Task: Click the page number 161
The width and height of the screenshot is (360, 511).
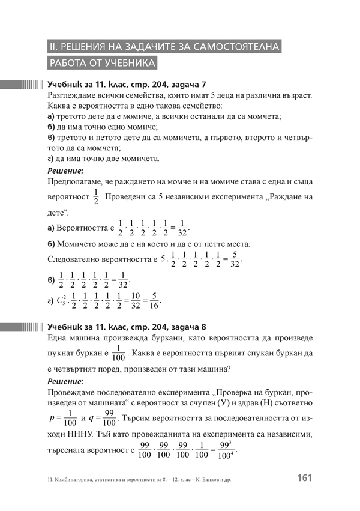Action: point(305,479)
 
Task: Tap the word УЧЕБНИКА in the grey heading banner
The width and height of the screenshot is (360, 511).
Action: point(125,63)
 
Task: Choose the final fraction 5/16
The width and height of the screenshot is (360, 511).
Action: point(154,300)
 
